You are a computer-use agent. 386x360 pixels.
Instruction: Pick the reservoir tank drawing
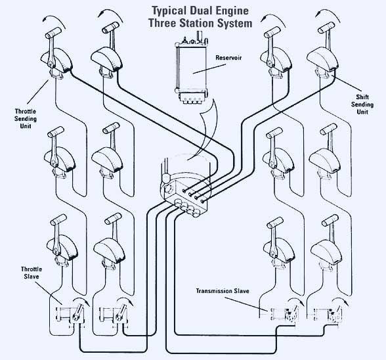192,70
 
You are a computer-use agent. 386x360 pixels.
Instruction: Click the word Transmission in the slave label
220,290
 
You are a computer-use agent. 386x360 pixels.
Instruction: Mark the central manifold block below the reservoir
184,192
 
